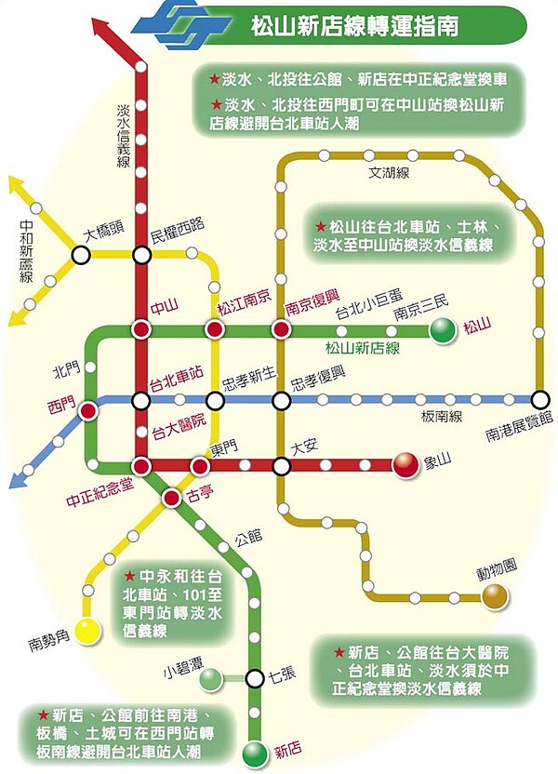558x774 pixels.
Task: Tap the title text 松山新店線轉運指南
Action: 353,23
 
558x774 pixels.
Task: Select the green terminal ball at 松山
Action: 444,329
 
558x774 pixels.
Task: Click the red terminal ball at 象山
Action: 405,465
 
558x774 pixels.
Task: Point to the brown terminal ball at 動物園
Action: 495,595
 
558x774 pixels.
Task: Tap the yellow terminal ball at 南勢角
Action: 87,632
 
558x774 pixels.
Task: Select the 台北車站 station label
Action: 177,373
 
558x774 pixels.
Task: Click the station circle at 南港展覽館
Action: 541,400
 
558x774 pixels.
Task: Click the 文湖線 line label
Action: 390,173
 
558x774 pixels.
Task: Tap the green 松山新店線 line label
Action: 362,348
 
